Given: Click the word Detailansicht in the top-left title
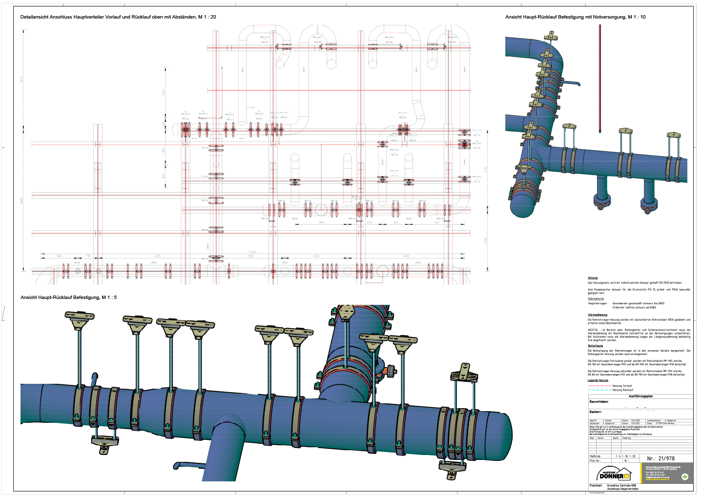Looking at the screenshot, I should [35, 17].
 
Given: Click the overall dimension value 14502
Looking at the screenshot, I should [252, 252].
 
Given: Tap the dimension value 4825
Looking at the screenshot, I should [157, 256].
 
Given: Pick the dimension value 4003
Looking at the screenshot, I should [406, 256].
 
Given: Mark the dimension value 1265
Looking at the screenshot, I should [59, 256].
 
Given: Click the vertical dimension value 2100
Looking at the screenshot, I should [486, 240].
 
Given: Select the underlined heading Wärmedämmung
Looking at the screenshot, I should [598, 315].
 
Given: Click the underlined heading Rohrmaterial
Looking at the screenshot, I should [596, 299].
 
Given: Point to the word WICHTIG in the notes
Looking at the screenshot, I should [592, 330].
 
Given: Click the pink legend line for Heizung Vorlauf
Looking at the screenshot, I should [599, 386].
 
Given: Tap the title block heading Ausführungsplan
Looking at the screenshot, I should [640, 397].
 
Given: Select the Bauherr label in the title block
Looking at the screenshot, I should [596, 412].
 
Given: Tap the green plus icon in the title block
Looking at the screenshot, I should [685, 476].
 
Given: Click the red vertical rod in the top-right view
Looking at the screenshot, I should [600, 78].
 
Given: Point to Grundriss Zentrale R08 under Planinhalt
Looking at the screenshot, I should [621, 486].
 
